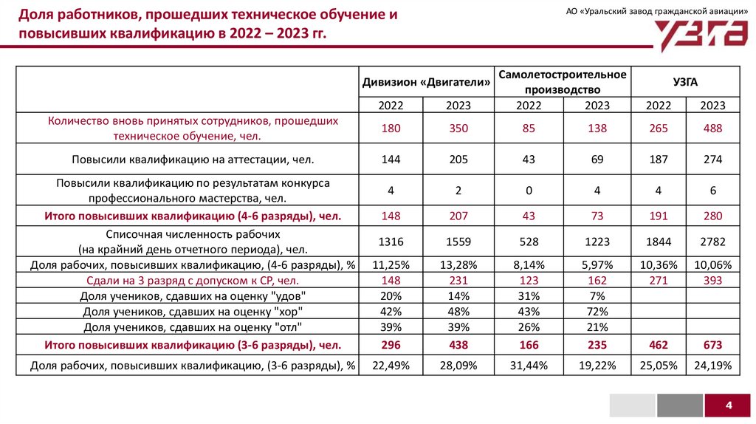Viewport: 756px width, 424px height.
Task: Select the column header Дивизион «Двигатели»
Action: pos(427,82)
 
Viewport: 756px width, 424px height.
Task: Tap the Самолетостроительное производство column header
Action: pos(563,82)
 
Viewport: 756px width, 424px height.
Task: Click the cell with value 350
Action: pos(458,129)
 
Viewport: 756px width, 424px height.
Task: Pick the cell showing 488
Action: pos(712,129)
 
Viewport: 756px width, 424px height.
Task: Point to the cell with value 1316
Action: pos(391,242)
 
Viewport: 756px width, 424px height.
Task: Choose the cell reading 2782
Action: pos(712,242)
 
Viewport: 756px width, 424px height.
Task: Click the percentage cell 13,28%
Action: pos(458,265)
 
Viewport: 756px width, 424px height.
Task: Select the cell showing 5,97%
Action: pos(597,265)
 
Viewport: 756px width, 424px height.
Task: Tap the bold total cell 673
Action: pos(712,345)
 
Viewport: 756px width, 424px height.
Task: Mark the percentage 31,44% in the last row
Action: pos(529,365)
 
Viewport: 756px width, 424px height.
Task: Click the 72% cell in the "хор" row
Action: pos(597,311)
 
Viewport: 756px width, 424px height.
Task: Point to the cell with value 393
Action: pos(712,281)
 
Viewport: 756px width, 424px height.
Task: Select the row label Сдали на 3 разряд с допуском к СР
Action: pos(193,281)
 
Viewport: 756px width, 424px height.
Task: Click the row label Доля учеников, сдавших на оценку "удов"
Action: pos(193,296)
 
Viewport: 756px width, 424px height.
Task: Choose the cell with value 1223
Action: pos(597,242)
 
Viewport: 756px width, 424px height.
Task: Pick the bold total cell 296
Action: pos(391,345)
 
